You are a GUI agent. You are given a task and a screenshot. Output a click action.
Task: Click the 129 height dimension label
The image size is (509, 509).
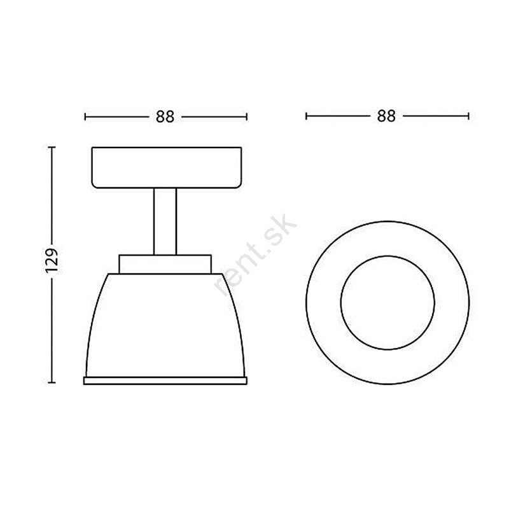click(52, 261)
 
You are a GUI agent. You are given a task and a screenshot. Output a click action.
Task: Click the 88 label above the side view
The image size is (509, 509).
click(165, 117)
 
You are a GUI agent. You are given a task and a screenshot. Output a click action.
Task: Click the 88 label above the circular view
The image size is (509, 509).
click(386, 116)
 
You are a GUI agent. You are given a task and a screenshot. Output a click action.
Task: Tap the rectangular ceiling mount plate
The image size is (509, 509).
click(167, 167)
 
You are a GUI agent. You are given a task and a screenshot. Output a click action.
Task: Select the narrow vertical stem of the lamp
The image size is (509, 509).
click(165, 221)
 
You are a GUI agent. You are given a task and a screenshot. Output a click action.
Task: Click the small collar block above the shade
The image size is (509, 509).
click(165, 264)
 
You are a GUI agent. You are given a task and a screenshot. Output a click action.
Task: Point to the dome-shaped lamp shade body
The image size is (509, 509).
click(165, 325)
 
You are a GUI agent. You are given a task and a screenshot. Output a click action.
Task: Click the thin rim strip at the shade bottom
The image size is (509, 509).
click(165, 380)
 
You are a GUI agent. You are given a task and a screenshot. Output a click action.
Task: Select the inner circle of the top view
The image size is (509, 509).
click(387, 256)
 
